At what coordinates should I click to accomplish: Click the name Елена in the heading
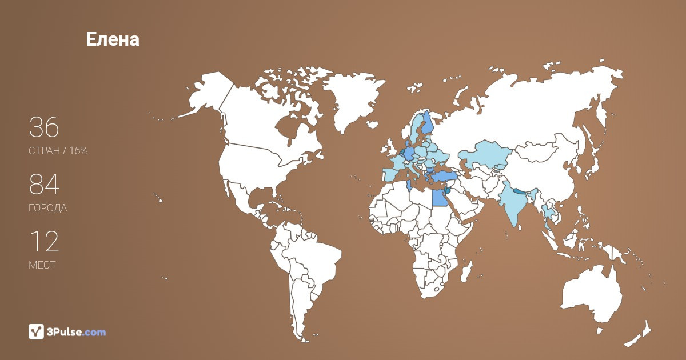tap(113, 39)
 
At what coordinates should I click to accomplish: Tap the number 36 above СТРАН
tap(44, 127)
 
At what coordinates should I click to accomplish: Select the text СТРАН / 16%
tap(58, 151)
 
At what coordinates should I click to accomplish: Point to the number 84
tap(44, 185)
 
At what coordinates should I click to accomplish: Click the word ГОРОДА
tap(47, 208)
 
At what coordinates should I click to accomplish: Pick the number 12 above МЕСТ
tap(44, 242)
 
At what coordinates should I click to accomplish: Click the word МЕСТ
tap(42, 265)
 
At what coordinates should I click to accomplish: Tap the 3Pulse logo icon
tap(36, 331)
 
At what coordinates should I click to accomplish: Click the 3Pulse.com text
tap(77, 332)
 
